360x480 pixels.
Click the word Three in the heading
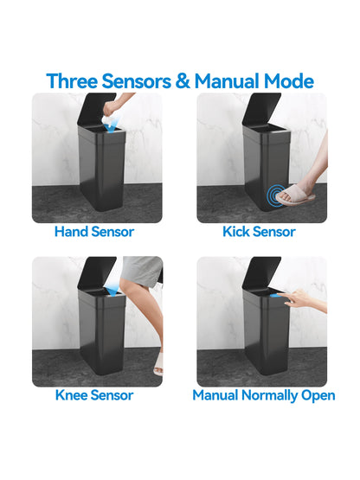[72, 81]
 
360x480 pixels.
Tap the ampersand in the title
[183, 81]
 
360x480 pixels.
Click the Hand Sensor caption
[94, 232]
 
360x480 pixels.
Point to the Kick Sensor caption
[259, 232]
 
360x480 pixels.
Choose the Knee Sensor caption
[94, 395]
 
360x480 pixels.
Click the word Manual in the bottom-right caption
[215, 395]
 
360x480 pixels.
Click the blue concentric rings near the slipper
[276, 195]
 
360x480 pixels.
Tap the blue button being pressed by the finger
[275, 296]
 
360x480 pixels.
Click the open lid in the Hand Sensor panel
[96, 109]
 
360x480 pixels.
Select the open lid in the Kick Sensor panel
[261, 109]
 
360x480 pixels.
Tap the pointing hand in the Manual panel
[296, 298]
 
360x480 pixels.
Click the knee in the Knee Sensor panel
[127, 285]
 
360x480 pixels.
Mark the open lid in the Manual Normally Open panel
[261, 272]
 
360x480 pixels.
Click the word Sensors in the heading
[137, 81]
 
